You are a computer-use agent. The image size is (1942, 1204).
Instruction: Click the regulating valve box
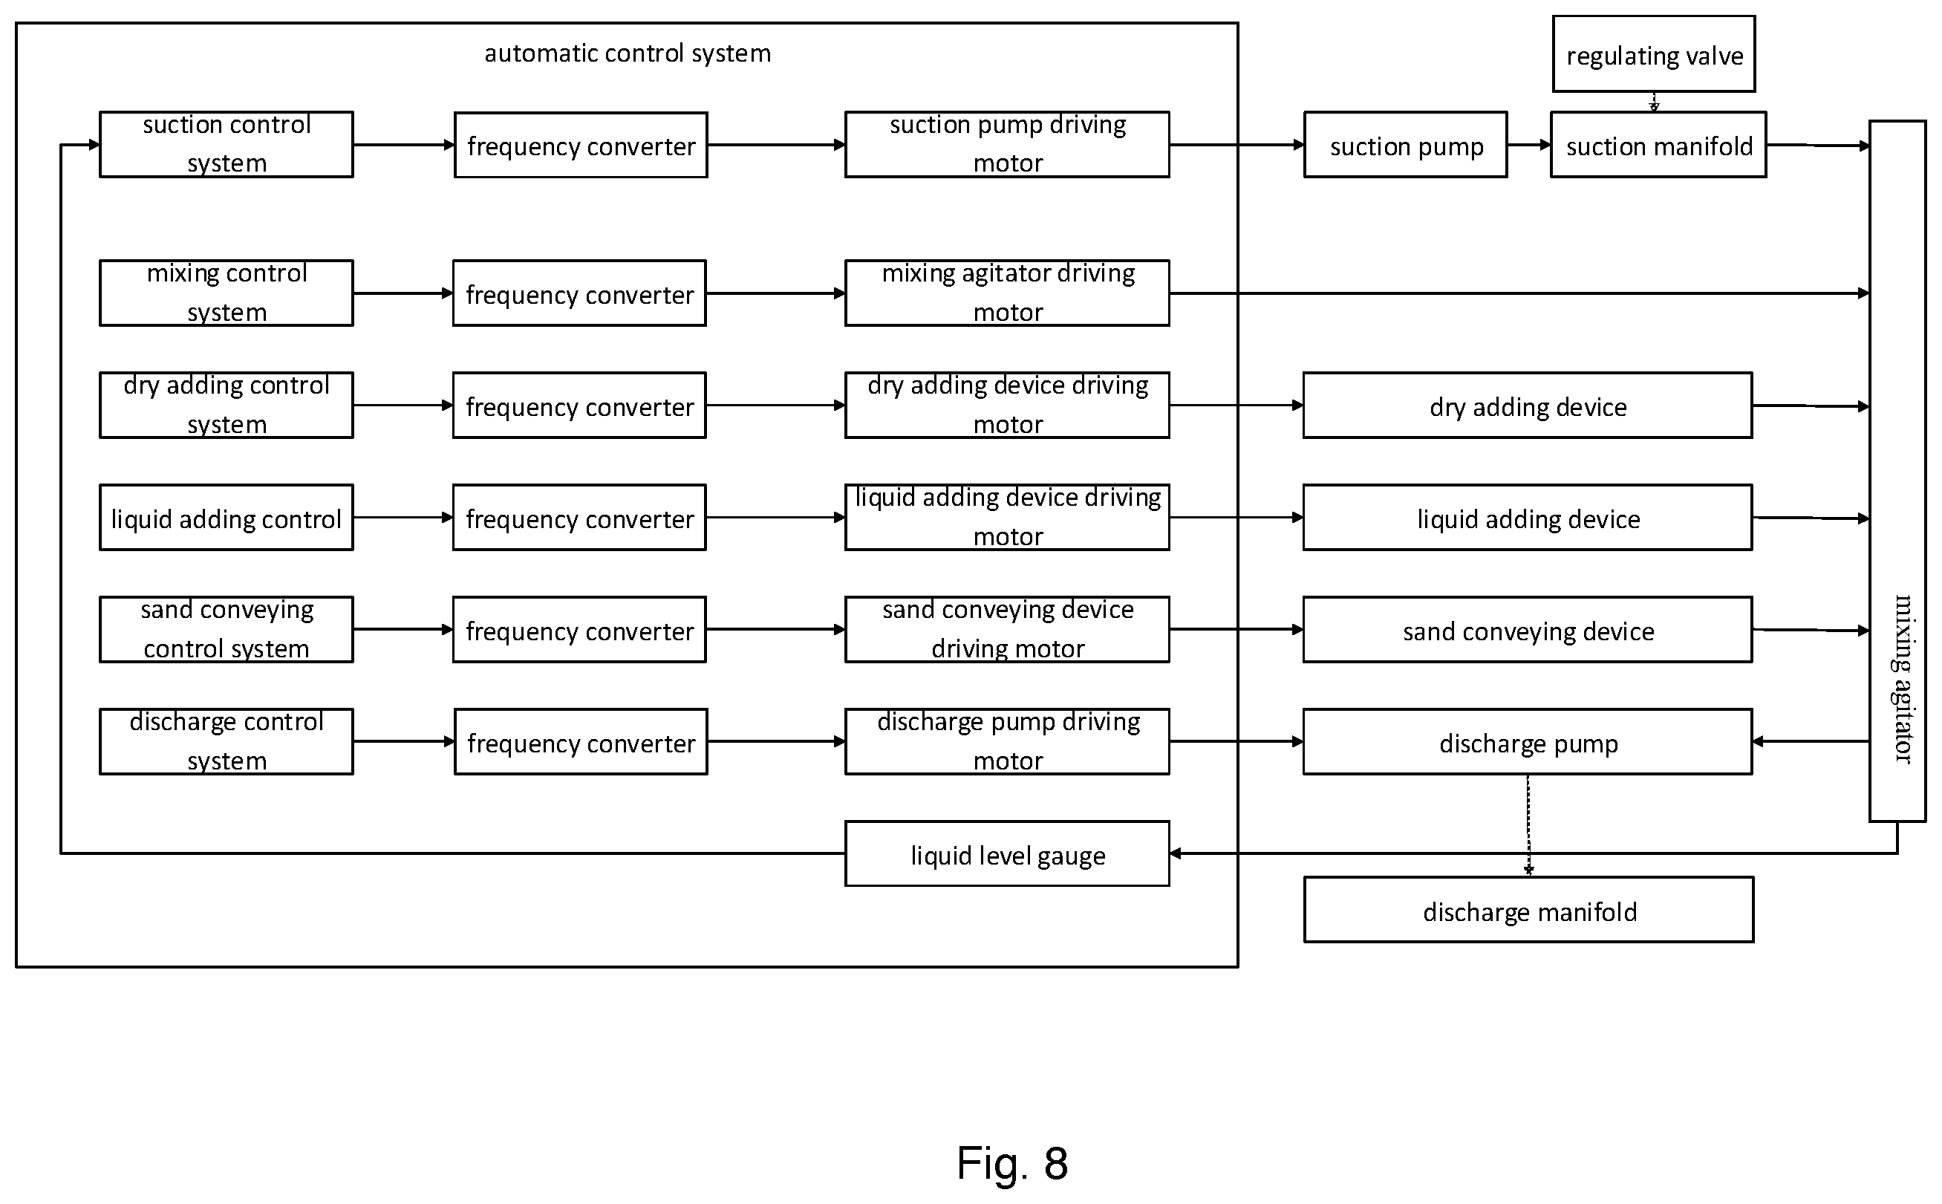(x=1654, y=54)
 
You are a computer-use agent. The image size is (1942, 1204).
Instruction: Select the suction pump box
(x=1405, y=145)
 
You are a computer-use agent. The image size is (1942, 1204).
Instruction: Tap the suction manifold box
(x=1658, y=145)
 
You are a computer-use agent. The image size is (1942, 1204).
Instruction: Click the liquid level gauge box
(x=1007, y=853)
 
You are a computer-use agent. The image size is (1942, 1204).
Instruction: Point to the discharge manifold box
(x=1529, y=910)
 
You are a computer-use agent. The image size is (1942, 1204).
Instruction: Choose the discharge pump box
(x=1528, y=741)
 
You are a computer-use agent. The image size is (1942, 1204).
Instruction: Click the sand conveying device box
(x=1528, y=629)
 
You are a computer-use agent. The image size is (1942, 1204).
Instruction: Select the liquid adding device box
(x=1528, y=518)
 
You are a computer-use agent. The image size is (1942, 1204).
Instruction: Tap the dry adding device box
(x=1528, y=406)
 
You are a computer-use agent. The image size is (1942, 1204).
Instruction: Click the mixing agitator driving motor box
(x=1007, y=293)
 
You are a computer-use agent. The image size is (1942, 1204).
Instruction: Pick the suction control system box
(x=226, y=145)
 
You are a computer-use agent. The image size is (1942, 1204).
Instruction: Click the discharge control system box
(x=226, y=741)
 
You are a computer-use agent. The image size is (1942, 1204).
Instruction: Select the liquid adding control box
(x=226, y=518)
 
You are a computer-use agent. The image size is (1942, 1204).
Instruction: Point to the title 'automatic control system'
(x=628, y=53)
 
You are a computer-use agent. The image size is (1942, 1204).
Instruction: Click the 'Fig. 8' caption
(x=1012, y=1162)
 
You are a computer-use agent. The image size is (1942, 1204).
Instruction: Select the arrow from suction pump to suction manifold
(x=1529, y=145)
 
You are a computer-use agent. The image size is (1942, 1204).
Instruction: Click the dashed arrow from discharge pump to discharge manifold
(x=1528, y=826)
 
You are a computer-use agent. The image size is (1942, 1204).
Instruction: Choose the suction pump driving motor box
(x=1007, y=145)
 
